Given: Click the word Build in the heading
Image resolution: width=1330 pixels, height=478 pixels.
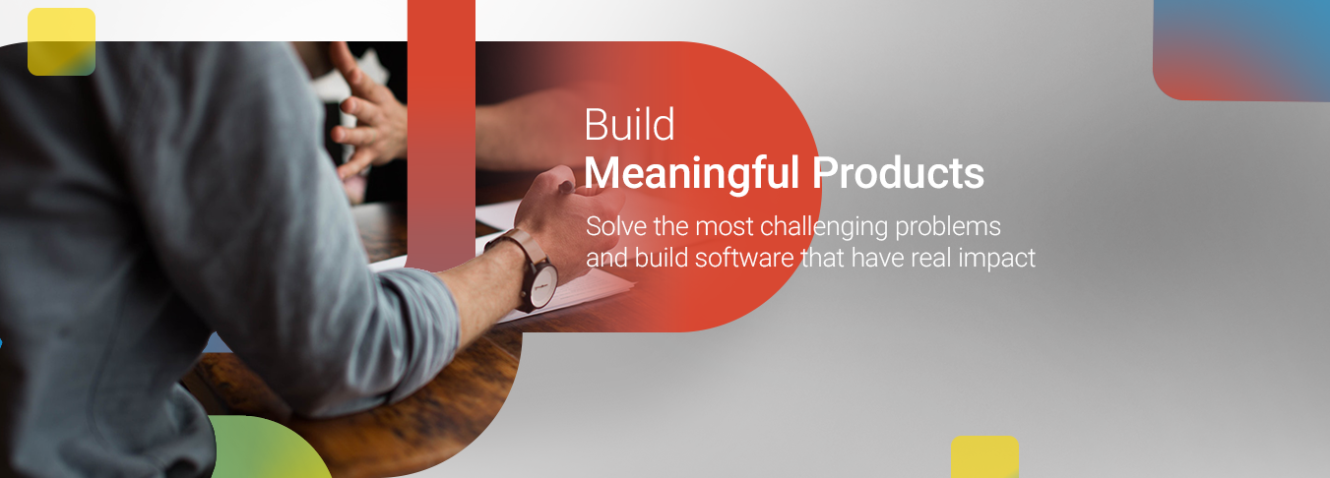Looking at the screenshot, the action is (x=629, y=125).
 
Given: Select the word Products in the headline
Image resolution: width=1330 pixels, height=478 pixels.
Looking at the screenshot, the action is (x=899, y=172).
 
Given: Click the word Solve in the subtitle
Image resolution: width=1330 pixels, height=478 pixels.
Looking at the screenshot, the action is (x=616, y=226).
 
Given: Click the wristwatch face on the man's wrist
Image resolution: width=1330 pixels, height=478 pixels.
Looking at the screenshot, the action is (x=543, y=286).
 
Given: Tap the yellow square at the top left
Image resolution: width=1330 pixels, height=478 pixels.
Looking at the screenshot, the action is (x=62, y=41).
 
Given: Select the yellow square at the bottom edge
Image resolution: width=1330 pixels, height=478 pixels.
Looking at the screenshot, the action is (x=984, y=456).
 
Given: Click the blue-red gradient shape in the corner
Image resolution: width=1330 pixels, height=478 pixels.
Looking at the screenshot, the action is (x=1241, y=50).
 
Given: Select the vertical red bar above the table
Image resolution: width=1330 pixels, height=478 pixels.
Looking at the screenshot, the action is (x=441, y=135).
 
